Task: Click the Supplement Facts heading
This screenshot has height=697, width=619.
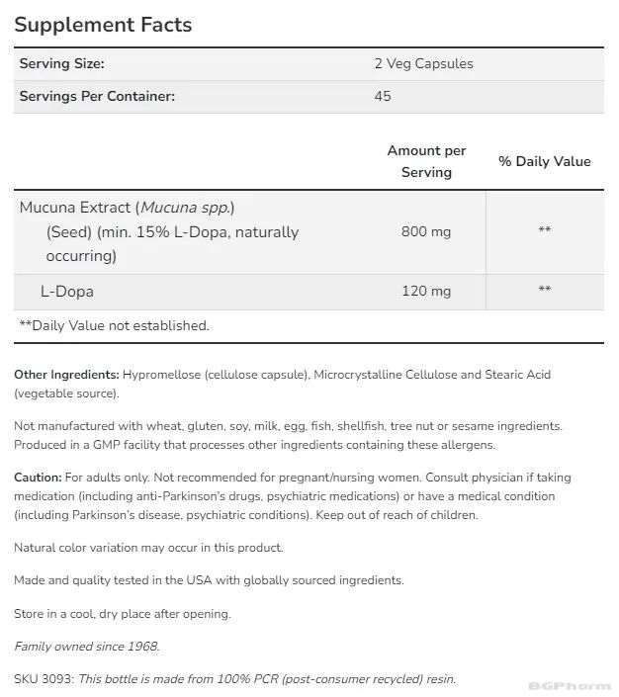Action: [103, 25]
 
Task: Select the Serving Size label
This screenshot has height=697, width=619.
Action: [61, 63]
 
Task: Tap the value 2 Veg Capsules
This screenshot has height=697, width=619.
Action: [423, 63]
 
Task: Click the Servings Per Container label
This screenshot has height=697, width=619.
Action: [97, 96]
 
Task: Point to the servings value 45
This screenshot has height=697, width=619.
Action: [383, 96]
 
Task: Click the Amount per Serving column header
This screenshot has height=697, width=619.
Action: [426, 161]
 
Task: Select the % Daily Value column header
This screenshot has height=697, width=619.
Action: [544, 161]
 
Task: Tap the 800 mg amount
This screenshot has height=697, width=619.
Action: [426, 231]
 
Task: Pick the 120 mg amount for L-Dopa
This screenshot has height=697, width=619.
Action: [426, 291]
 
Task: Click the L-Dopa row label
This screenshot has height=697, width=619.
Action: [67, 292]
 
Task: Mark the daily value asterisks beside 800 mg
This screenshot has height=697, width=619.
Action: [544, 231]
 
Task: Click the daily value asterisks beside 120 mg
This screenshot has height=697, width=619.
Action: [544, 291]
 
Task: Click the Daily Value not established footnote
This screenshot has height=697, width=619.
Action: [114, 325]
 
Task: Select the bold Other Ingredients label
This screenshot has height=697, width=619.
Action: [66, 375]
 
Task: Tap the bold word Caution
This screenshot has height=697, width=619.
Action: [38, 478]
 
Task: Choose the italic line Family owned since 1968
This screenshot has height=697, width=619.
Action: [86, 647]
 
